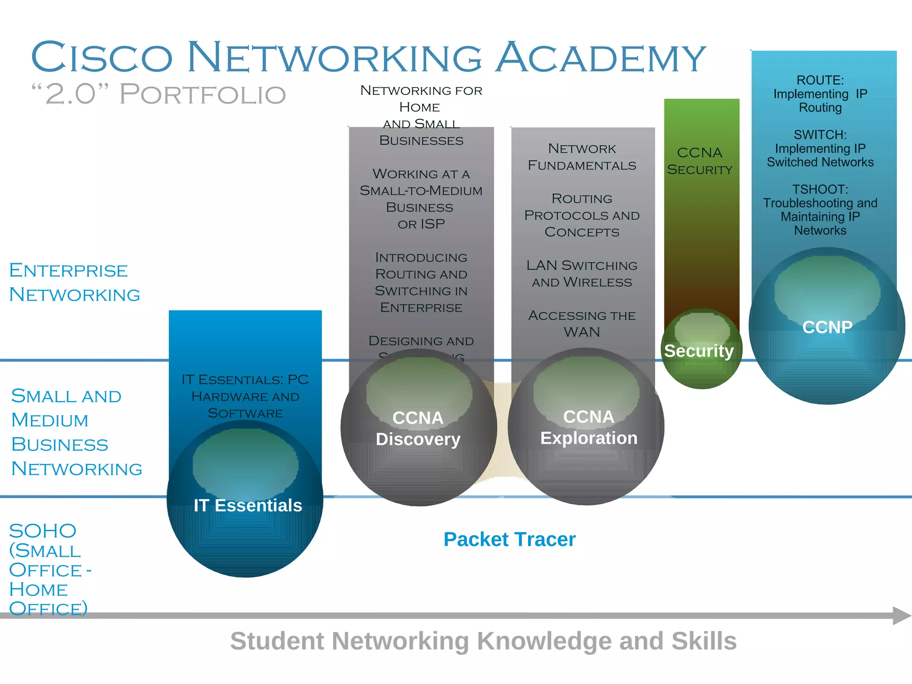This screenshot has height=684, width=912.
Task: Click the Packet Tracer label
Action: pos(509,539)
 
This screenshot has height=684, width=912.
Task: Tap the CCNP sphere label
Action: pos(827,327)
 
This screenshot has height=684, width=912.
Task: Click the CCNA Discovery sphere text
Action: pos(418,428)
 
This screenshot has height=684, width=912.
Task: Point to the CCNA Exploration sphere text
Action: pos(589,427)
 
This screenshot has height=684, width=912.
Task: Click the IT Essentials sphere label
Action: pos(248,505)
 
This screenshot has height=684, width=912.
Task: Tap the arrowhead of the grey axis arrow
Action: pos(902,615)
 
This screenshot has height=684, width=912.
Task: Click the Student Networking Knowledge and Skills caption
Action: pos(483,641)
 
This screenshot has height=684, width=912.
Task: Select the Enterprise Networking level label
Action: pos(74,282)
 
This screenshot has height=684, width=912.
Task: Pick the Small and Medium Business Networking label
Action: pos(76,432)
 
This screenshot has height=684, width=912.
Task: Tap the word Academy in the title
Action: pos(600,57)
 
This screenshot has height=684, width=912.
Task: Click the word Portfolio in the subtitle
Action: pos(203,94)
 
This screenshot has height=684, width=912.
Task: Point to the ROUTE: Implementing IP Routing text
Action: pos(820,94)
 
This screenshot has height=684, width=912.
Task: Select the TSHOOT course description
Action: pos(820,210)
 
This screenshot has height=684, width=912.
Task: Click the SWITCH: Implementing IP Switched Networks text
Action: pos(820,148)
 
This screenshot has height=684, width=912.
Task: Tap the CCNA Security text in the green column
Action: pos(700,161)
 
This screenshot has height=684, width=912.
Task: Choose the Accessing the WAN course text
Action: pos(582,324)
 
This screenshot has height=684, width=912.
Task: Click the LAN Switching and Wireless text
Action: pos(582,273)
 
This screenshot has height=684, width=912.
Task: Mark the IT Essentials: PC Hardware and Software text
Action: pos(245,396)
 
